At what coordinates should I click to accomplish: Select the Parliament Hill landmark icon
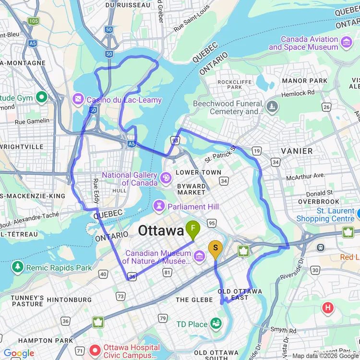pyautogui.click(x=158, y=206)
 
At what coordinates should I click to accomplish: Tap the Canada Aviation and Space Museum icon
pyautogui.click(x=346, y=43)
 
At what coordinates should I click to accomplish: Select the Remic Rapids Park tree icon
pyautogui.click(x=18, y=267)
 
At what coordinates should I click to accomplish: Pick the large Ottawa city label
pyautogui.click(x=161, y=231)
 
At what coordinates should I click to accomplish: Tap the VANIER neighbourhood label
pyautogui.click(x=297, y=151)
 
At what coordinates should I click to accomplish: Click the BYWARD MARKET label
pyautogui.click(x=192, y=189)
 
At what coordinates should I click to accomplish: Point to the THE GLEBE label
pyautogui.click(x=194, y=300)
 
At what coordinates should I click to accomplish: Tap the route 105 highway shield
pyautogui.click(x=33, y=21)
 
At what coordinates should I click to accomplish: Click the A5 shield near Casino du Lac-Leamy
pyautogui.click(x=131, y=143)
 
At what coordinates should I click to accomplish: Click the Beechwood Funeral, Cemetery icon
pyautogui.click(x=273, y=107)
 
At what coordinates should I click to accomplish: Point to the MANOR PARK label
pyautogui.click(x=304, y=81)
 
